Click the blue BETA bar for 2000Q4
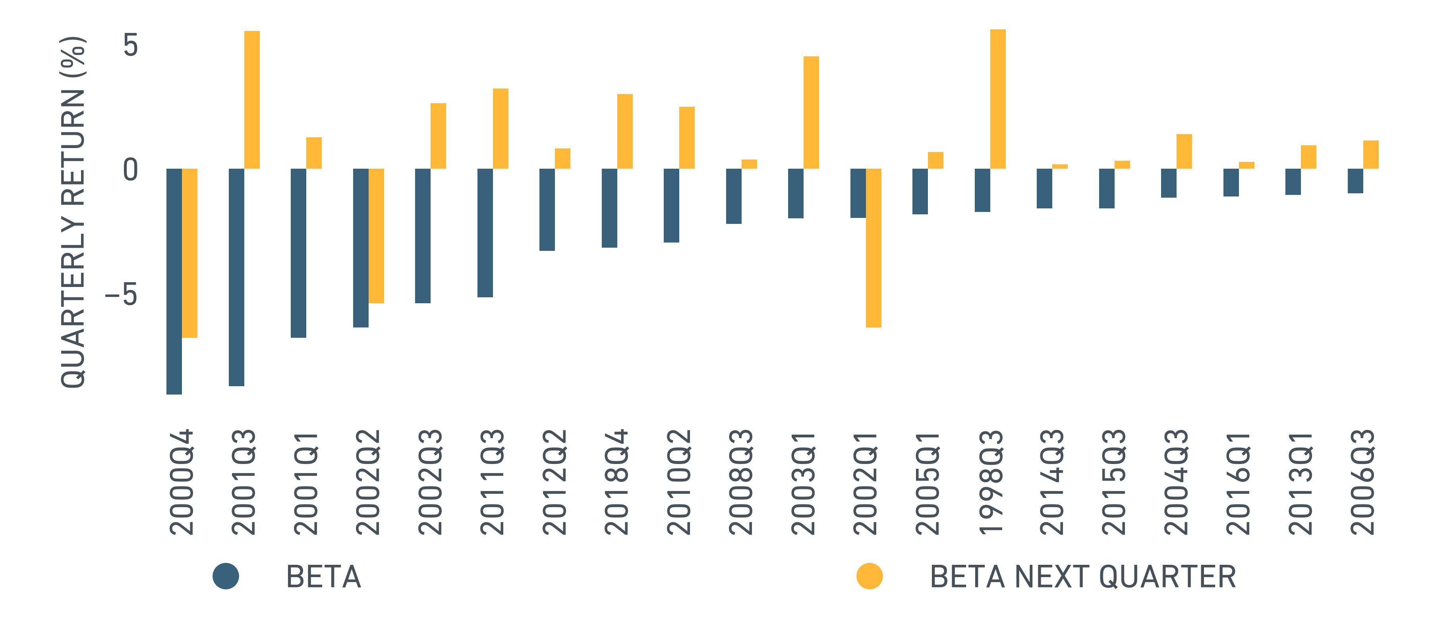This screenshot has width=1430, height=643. pyautogui.click(x=174, y=281)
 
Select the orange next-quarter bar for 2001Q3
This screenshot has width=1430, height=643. pyautogui.click(x=252, y=100)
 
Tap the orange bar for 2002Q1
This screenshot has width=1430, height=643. pyautogui.click(x=873, y=248)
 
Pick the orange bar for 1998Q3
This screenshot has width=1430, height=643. pyautogui.click(x=997, y=99)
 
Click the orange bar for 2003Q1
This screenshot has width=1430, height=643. pyautogui.click(x=811, y=113)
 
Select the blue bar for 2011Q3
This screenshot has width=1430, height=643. pyautogui.click(x=485, y=233)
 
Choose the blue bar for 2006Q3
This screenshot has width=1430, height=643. pyautogui.click(x=1355, y=181)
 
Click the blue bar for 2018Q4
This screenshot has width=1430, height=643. pyautogui.click(x=609, y=208)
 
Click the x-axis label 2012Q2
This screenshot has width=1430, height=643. pyautogui.click(x=555, y=481)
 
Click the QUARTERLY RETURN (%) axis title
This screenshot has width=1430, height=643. pyautogui.click(x=73, y=212)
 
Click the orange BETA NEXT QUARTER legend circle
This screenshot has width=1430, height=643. pyautogui.click(x=870, y=576)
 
